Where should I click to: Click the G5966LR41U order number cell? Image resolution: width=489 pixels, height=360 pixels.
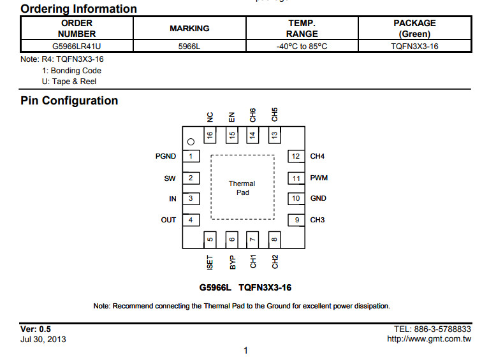coord(77,46)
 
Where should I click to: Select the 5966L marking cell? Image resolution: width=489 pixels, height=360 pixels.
coord(189,46)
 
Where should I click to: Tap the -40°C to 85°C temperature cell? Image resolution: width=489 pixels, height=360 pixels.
coord(302,46)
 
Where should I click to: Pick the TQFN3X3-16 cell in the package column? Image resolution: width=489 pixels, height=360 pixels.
coord(414,46)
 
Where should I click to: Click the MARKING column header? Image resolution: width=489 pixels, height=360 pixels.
coord(189,29)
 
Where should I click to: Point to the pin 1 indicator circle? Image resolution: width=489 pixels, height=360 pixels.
coord(191,142)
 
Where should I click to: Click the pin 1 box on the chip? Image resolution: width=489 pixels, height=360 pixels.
coord(191,156)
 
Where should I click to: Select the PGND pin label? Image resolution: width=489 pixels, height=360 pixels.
coord(166,156)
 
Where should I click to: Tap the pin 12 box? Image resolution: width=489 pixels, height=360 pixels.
coord(296,156)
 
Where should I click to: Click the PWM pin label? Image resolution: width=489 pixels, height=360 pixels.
coord(319,178)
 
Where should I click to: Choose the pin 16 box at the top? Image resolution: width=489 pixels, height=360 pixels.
coord(210,135)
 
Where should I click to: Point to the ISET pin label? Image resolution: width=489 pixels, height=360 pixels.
coord(210,263)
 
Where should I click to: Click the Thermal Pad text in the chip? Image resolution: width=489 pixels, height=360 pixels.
coord(242,188)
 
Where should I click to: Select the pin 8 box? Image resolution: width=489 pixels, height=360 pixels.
coord(274,240)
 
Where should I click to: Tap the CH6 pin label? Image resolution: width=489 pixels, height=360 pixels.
coord(252,115)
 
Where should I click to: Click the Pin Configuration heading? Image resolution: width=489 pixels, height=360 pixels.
coord(69,101)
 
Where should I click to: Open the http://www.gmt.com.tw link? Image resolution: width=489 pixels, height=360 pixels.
coord(429,339)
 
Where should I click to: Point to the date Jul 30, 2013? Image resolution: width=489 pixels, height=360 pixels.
coord(43,340)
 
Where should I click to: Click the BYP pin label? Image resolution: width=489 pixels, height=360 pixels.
coord(232,263)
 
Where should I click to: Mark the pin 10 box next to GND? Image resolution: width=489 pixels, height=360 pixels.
coord(296,199)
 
